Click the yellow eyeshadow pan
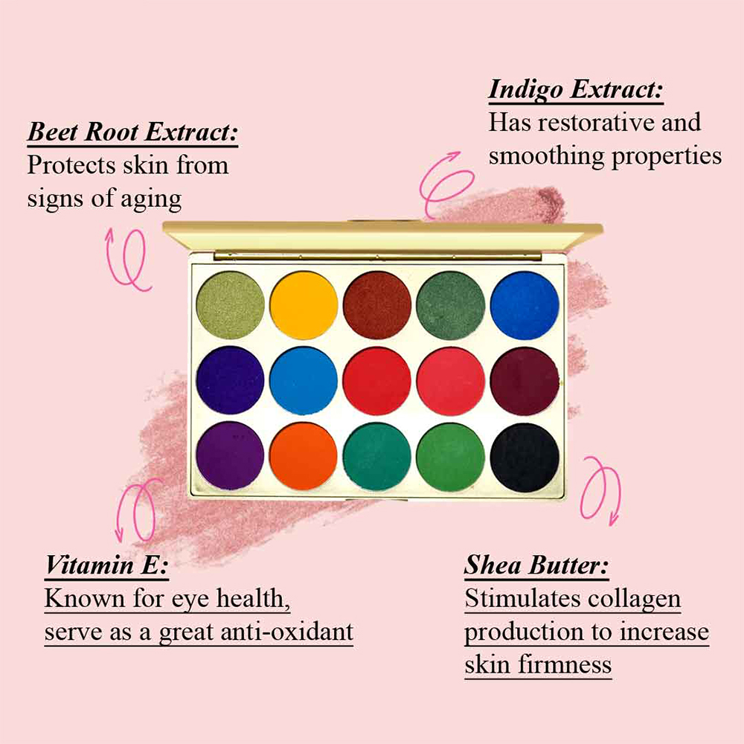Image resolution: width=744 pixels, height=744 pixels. (x=304, y=305)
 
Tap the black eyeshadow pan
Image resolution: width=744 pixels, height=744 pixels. (x=525, y=458)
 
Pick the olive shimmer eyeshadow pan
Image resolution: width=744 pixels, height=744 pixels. (x=230, y=305)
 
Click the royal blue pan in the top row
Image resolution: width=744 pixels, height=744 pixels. (x=525, y=306)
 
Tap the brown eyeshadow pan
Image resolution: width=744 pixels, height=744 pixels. (x=377, y=305)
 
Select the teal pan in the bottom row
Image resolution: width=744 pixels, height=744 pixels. (x=377, y=457)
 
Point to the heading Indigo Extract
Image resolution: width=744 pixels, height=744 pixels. (x=576, y=90)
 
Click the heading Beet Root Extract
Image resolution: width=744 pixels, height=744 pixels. (x=132, y=132)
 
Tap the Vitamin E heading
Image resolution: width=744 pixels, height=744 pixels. (x=106, y=565)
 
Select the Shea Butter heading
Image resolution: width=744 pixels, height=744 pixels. (x=536, y=565)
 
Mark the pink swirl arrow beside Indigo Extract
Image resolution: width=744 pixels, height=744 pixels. (x=446, y=184)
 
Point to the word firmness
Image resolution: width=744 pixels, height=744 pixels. (x=565, y=664)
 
